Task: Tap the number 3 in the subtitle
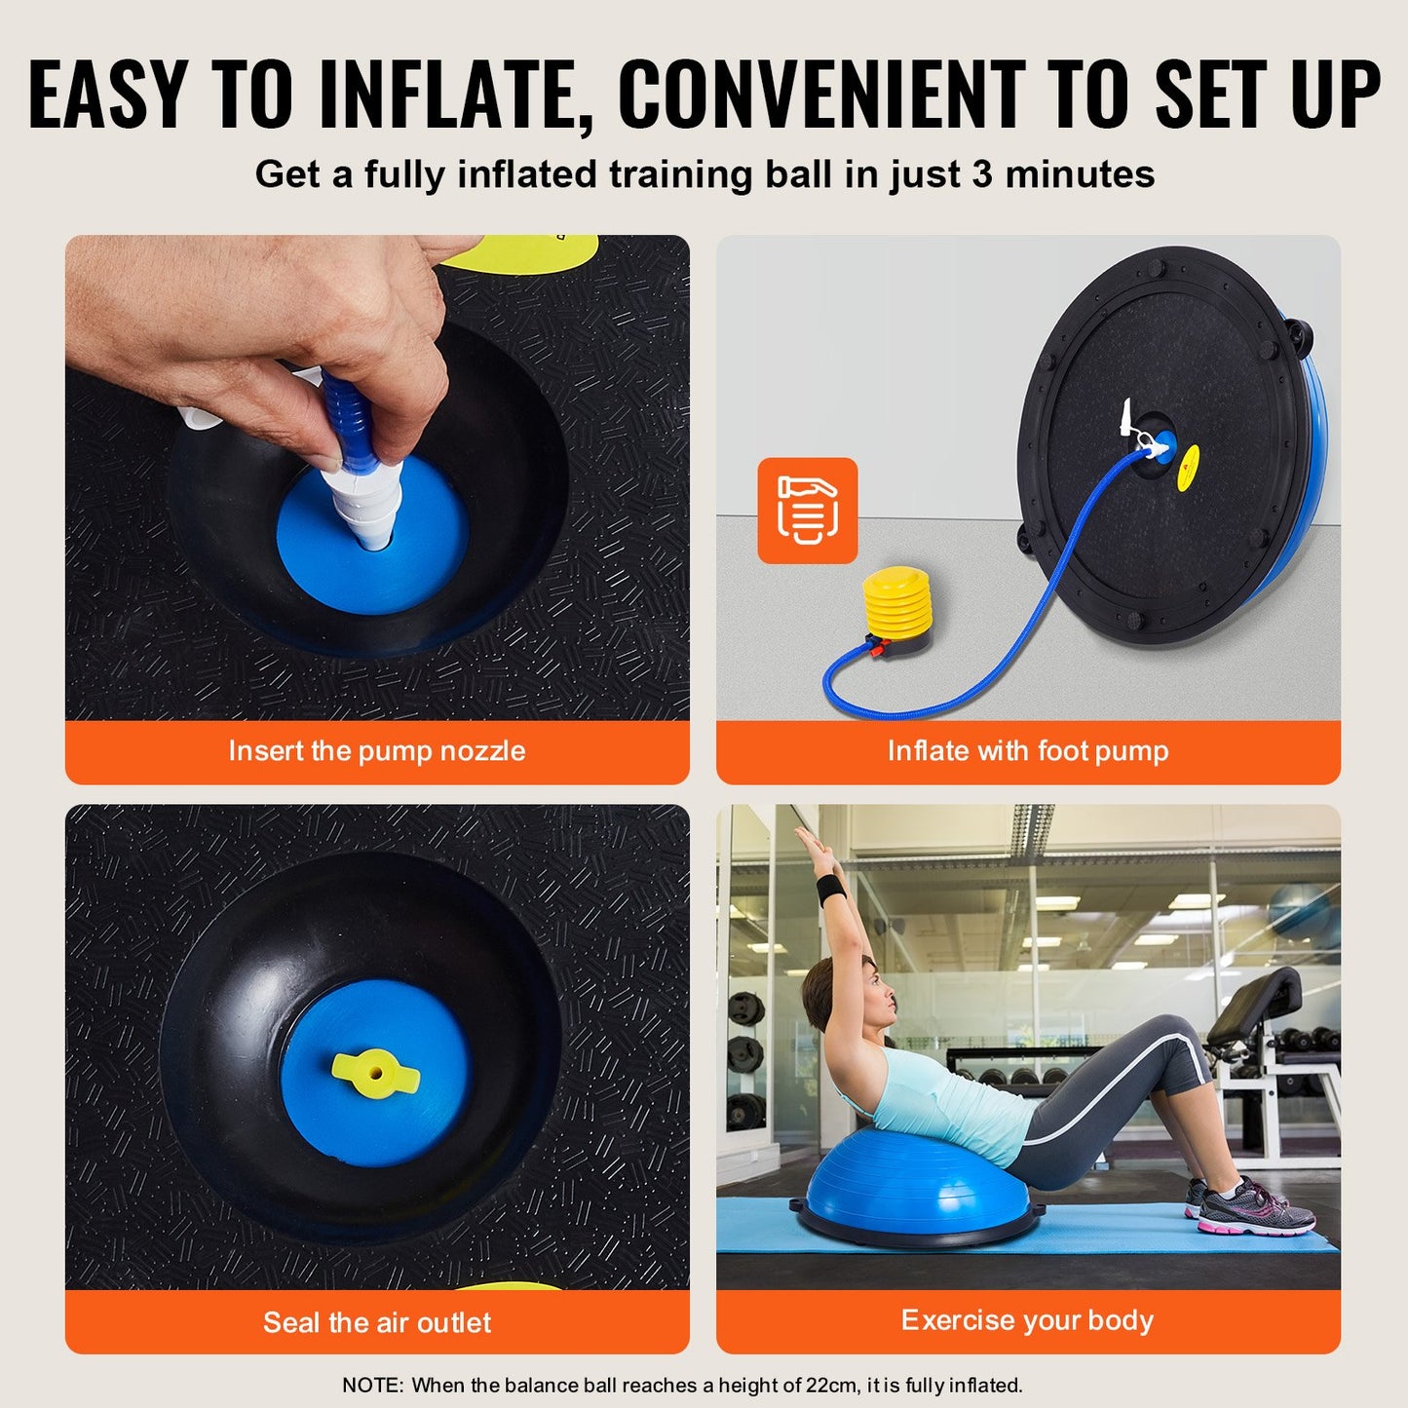981,174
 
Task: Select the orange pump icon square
808,511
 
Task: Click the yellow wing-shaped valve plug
375,1073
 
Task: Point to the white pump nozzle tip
374,531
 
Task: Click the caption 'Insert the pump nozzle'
376,751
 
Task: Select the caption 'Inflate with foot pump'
1027,751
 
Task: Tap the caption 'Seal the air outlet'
376,1322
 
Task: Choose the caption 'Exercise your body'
1027,1320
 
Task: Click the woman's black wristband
829,889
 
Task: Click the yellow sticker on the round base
1189,468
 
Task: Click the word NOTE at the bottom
372,1385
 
